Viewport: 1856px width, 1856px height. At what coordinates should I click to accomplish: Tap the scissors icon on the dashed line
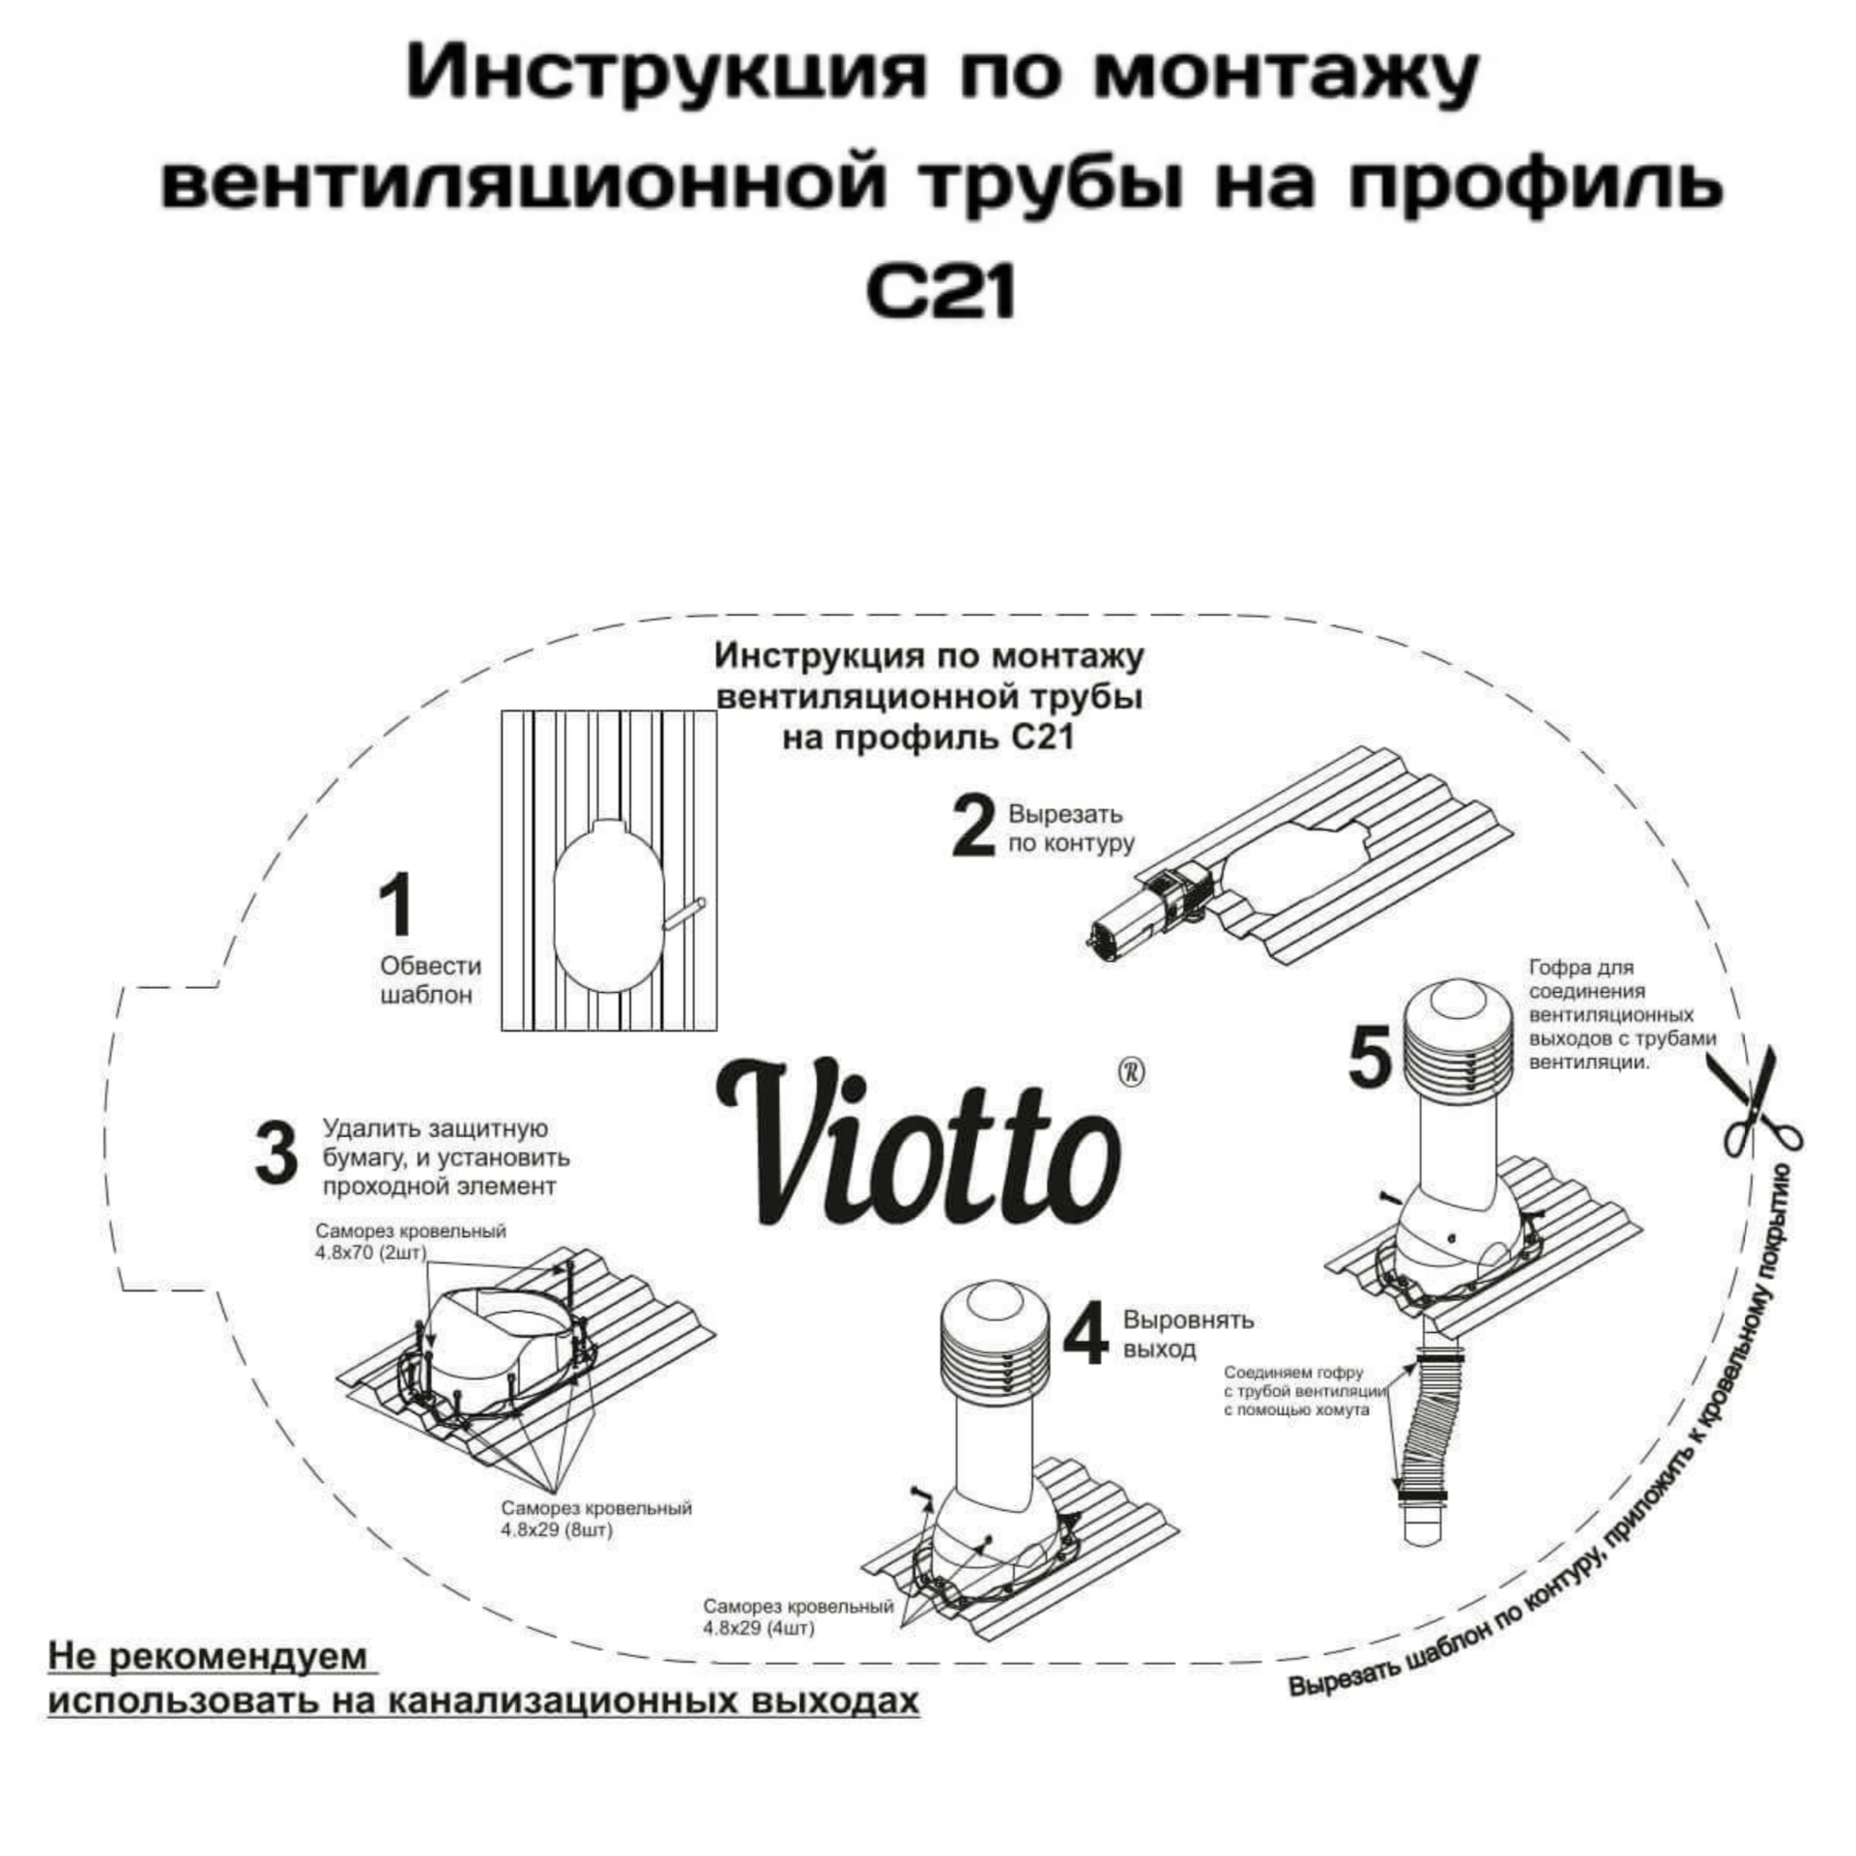coord(1762,1102)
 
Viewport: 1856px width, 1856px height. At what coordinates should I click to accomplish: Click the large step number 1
coord(397,904)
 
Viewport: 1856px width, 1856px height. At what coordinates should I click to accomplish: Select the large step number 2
coord(972,827)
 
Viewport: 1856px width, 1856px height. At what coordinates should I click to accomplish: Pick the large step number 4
coord(1085,1334)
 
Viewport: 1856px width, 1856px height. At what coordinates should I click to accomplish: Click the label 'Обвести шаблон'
coord(430,980)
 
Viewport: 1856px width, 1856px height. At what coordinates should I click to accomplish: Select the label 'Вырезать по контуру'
coord(1071,828)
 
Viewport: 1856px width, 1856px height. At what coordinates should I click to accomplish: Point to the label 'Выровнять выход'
coord(1187,1334)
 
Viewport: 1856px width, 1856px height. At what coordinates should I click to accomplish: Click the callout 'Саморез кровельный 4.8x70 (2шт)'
coord(410,1242)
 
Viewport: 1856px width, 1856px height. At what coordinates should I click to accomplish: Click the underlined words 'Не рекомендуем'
coord(208,1657)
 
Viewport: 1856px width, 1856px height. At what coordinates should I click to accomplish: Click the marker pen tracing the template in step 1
coord(683,913)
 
